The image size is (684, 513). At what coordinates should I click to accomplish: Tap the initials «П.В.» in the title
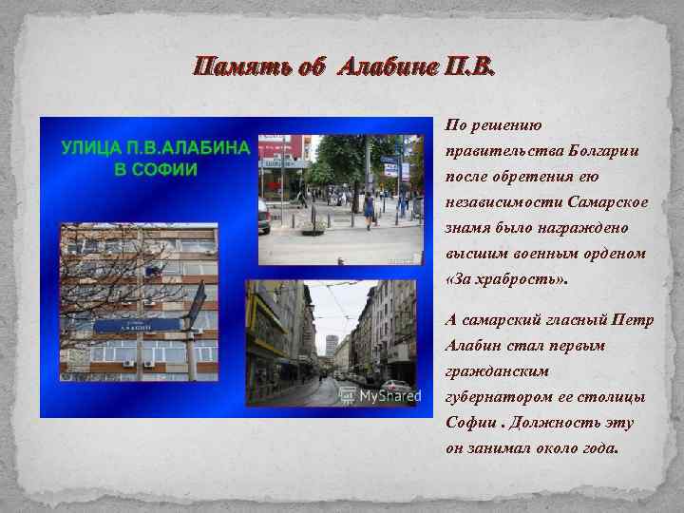click(465, 67)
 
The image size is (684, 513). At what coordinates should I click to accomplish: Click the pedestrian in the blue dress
click(368, 205)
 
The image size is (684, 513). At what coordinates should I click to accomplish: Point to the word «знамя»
click(466, 229)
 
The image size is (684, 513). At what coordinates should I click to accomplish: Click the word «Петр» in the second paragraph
click(633, 320)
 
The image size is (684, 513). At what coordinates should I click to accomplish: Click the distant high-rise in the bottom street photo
click(331, 346)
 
